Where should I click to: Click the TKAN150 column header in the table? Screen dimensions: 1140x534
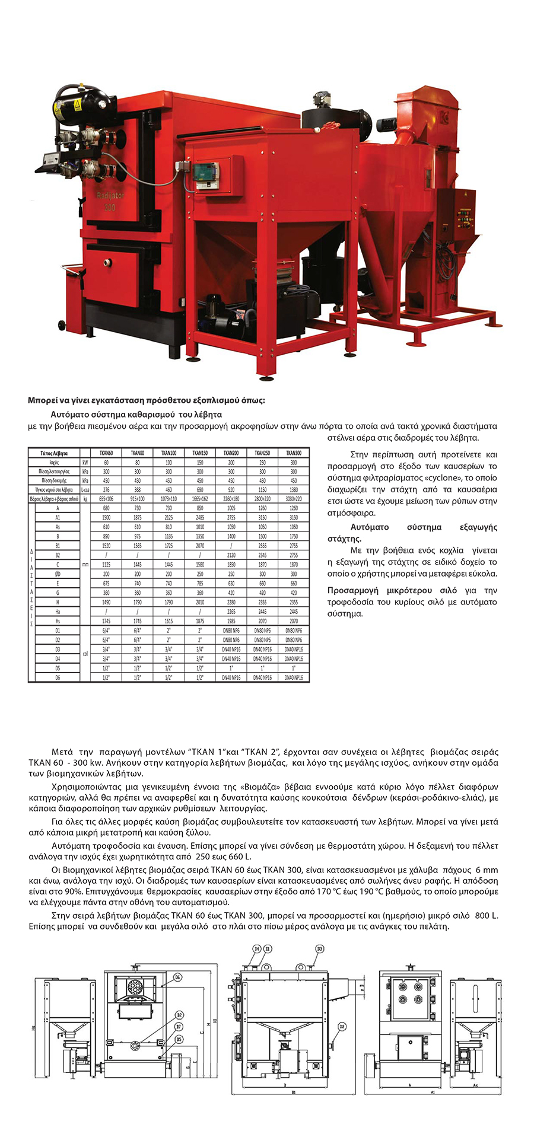200,453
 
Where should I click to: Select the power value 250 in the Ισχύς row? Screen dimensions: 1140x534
262,462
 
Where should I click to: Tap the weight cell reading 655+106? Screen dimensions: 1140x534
106,499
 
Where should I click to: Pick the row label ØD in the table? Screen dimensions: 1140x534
58,574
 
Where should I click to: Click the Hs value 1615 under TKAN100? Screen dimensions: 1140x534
169,621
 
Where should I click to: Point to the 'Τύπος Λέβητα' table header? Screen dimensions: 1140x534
54,453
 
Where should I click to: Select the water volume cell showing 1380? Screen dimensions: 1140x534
294,490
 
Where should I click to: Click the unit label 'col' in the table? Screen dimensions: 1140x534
85,654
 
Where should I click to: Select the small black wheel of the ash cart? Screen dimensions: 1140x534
62,324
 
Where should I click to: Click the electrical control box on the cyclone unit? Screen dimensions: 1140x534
460,213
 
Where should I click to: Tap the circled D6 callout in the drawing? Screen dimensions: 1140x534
177,977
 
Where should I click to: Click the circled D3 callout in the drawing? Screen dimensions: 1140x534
319,949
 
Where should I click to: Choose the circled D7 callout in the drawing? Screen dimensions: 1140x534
178,1026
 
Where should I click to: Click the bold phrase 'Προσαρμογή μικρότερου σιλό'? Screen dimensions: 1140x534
392,590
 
